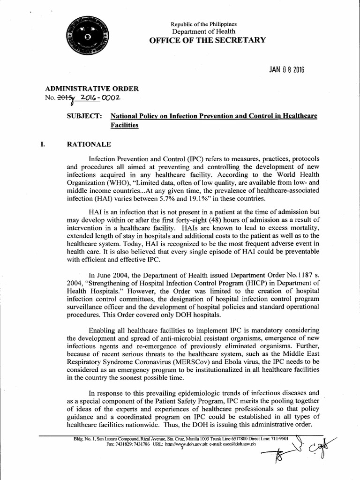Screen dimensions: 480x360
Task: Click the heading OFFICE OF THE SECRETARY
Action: [x=207, y=40]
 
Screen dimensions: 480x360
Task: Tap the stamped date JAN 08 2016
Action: [x=286, y=70]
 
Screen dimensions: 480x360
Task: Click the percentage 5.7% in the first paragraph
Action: [x=180, y=200]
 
